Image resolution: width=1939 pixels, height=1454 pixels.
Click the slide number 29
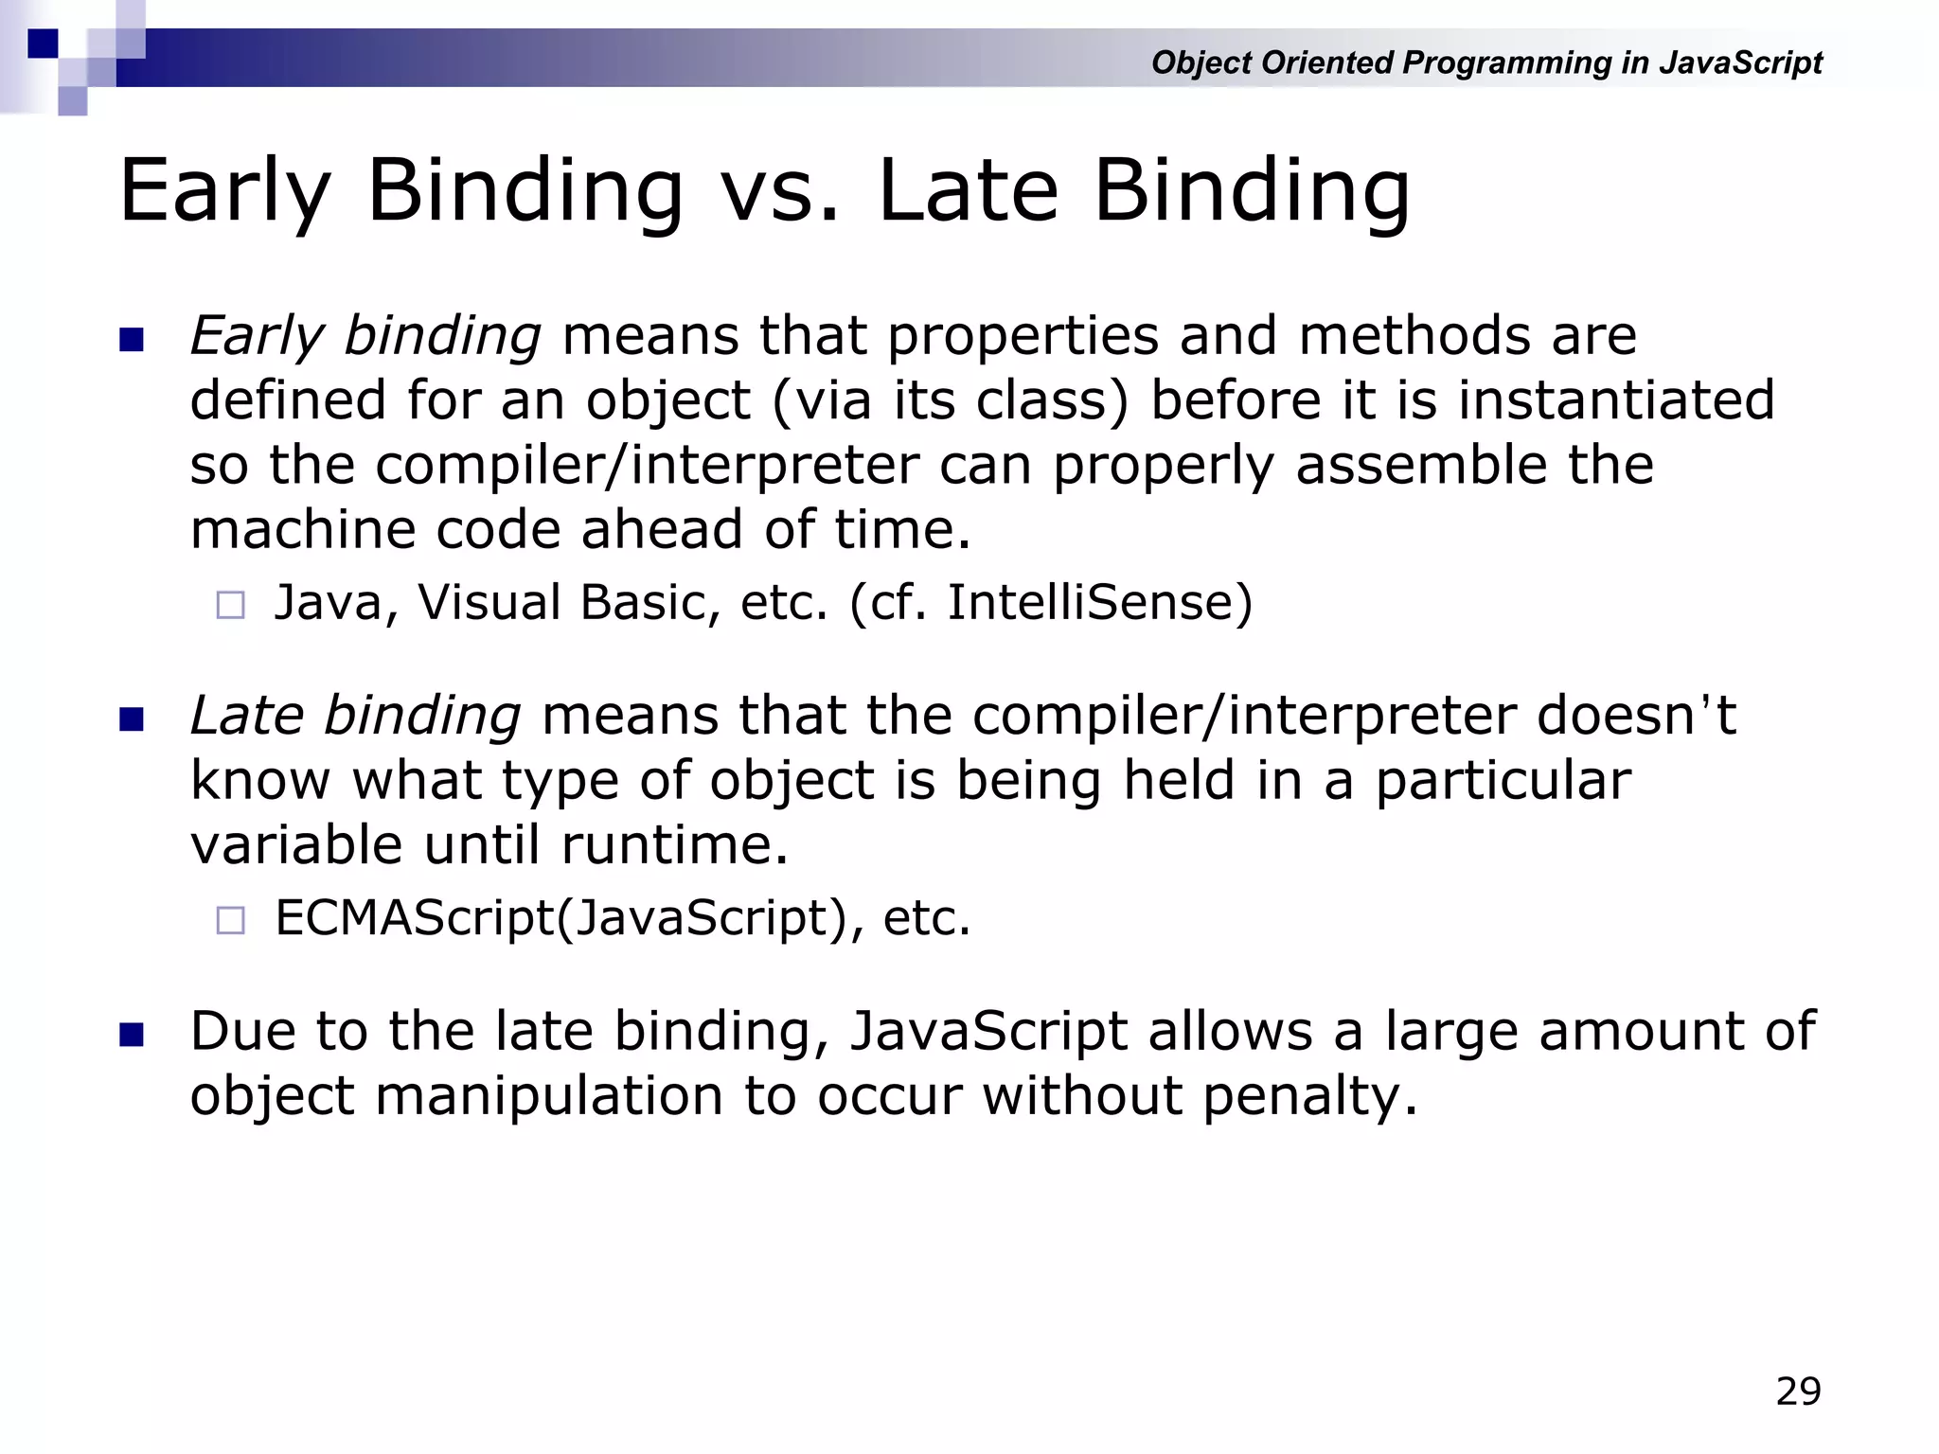click(1798, 1392)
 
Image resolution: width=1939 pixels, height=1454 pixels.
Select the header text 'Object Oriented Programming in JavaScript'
click(1486, 62)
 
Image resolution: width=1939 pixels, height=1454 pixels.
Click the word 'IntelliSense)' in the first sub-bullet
click(1099, 602)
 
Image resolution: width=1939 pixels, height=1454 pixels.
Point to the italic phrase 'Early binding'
click(365, 336)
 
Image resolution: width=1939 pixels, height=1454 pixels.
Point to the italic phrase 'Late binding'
click(355, 716)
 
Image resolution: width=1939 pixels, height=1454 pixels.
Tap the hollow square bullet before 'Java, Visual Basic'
click(231, 605)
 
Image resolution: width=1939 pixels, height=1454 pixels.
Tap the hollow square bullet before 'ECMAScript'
click(231, 920)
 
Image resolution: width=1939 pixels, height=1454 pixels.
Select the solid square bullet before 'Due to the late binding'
click(132, 1035)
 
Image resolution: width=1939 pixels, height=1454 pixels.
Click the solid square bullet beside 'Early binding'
click(132, 340)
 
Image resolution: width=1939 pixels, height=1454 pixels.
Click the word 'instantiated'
click(1615, 399)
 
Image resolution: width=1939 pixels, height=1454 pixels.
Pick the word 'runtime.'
click(674, 844)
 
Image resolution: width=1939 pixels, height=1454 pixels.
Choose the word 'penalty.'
click(1310, 1096)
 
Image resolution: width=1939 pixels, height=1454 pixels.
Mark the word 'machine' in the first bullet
click(301, 529)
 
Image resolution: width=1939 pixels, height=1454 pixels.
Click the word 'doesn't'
click(1636, 716)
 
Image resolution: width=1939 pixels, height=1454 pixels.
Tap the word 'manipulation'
click(549, 1096)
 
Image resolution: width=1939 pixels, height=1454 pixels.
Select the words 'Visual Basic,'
click(569, 602)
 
